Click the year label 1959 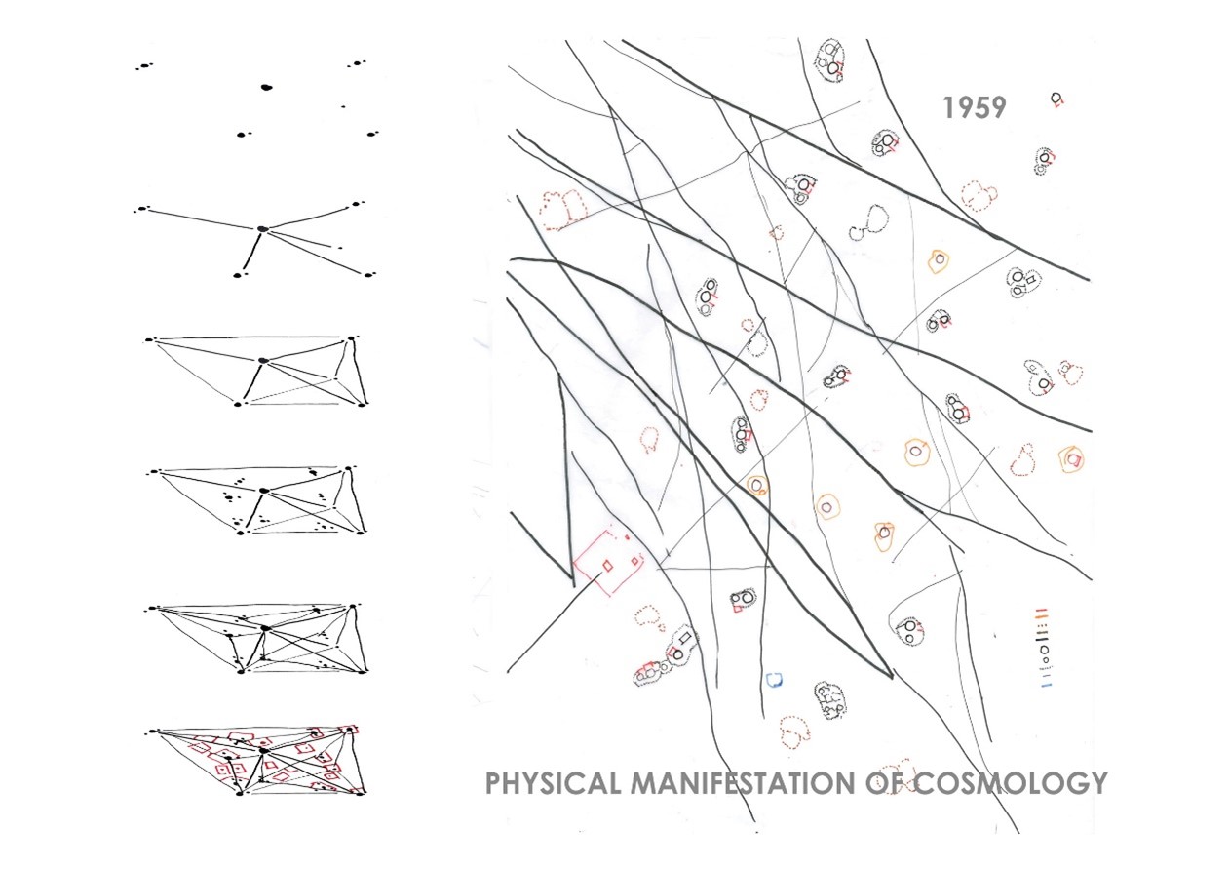tap(975, 107)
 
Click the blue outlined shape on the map tap(774, 681)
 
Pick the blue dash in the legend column tap(1047, 686)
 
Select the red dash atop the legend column tap(1041, 609)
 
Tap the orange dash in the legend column tap(1041, 616)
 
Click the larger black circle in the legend tap(1044, 650)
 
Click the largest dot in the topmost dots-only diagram tap(267, 87)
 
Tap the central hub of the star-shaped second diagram tap(263, 228)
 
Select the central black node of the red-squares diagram tap(264, 750)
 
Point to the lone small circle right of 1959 tap(1056, 98)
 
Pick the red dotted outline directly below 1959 tap(979, 196)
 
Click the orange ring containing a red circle tap(1070, 458)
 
